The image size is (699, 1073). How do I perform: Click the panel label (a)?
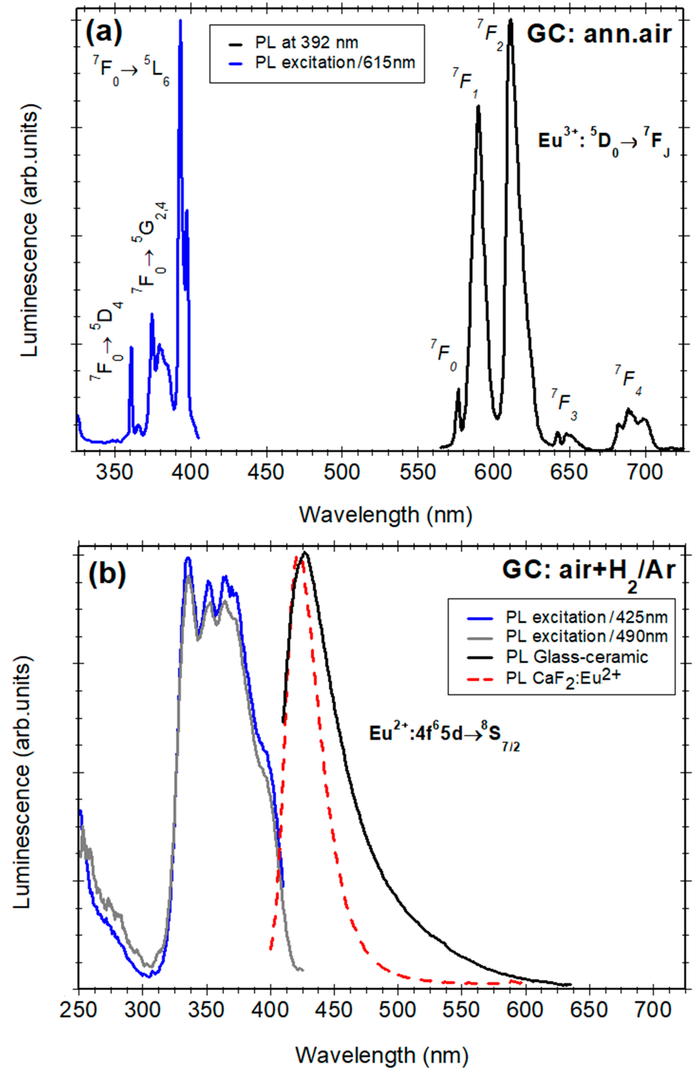pyautogui.click(x=104, y=32)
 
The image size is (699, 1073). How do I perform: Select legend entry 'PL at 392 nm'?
pyautogui.click(x=306, y=43)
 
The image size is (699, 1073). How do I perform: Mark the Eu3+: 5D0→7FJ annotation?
pyautogui.click(x=604, y=142)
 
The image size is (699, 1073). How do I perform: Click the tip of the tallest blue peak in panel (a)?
pyautogui.click(x=180, y=21)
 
